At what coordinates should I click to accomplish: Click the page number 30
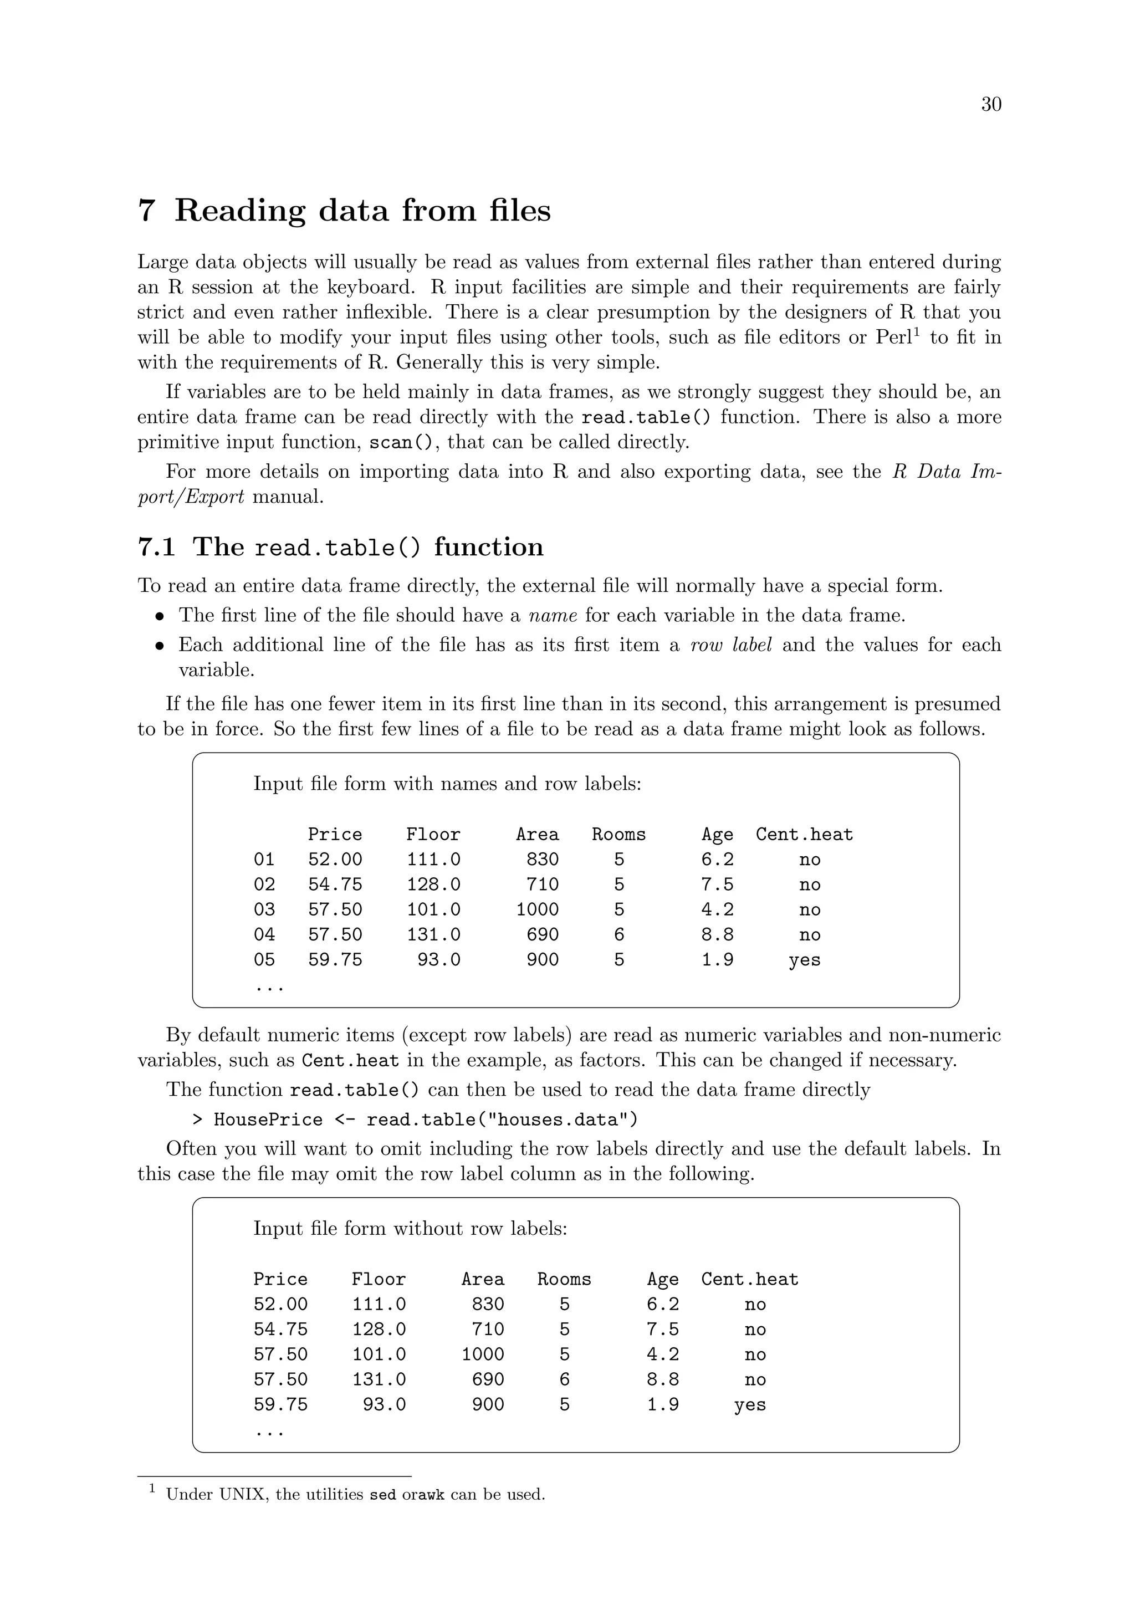tap(990, 104)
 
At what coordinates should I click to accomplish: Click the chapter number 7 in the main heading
tap(146, 211)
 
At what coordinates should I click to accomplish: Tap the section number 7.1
tap(156, 546)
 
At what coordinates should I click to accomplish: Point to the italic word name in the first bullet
tap(553, 615)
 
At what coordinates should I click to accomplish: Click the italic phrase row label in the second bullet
tap(730, 645)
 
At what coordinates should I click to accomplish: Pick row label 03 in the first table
tap(264, 909)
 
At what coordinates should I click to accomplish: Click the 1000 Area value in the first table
tap(537, 909)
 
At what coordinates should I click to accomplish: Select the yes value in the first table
tap(805, 960)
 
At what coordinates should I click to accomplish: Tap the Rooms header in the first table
tap(618, 835)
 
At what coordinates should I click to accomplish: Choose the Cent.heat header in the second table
tap(749, 1279)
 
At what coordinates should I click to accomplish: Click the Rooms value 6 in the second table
tap(564, 1379)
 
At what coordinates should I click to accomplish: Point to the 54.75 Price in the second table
tap(280, 1329)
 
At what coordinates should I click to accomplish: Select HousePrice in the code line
tap(268, 1120)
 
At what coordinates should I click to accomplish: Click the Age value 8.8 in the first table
tap(718, 934)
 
